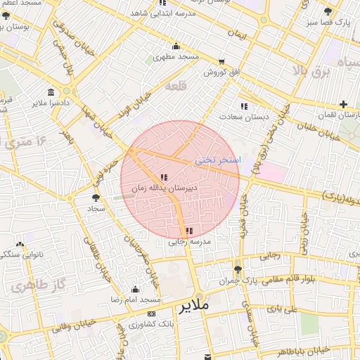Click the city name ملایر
coord(195,307)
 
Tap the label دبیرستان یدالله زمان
coord(167,189)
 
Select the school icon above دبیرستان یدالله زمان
coord(164,178)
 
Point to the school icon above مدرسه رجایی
coord(188,231)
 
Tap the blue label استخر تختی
coord(217,160)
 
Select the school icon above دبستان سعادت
coord(244,106)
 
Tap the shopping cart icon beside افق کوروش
coord(222,63)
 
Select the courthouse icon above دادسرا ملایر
coord(51,92)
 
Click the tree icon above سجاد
coord(96,198)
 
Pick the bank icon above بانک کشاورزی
coord(152,314)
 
